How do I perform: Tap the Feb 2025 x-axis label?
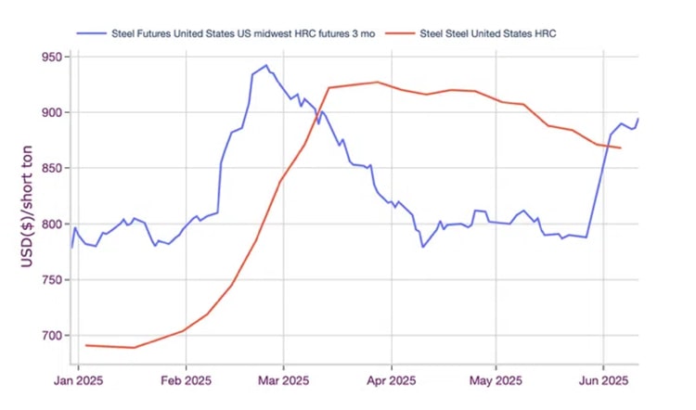click(x=186, y=379)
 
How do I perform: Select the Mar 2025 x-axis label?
click(x=283, y=379)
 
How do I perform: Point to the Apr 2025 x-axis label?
click(x=391, y=379)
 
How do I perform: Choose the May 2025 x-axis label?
click(x=496, y=379)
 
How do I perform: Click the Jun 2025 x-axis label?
click(x=604, y=379)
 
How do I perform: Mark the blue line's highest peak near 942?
click(x=266, y=66)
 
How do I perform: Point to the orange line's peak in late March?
click(x=378, y=82)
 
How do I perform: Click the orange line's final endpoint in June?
click(x=621, y=148)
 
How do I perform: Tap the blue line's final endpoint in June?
click(x=638, y=119)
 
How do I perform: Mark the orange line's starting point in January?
click(x=85, y=345)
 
